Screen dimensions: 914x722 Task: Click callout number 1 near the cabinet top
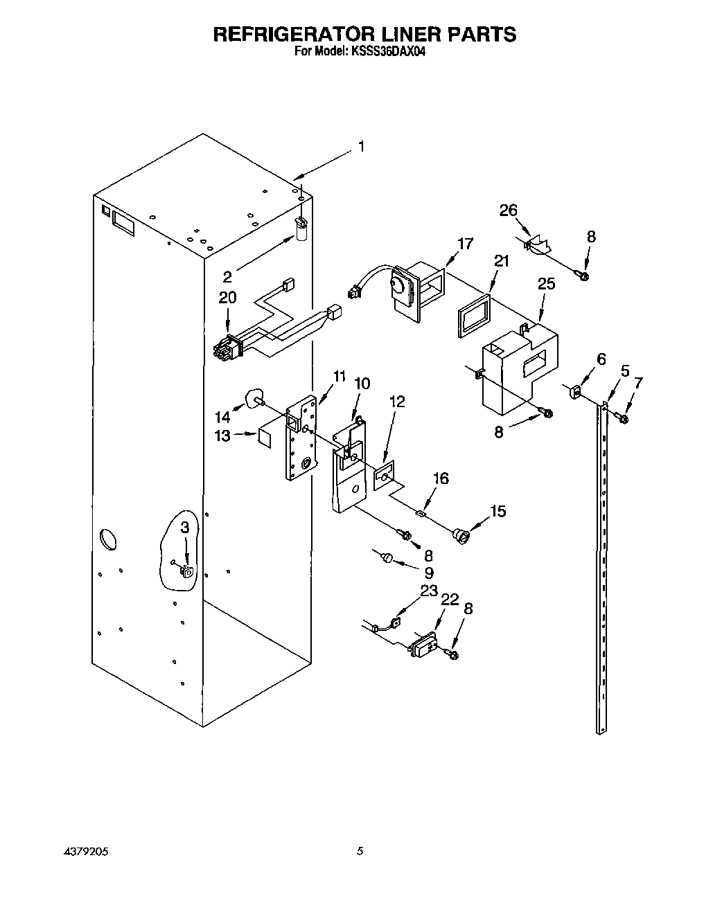click(x=360, y=147)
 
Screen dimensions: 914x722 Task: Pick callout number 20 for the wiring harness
click(x=227, y=298)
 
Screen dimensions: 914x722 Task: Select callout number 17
click(x=465, y=243)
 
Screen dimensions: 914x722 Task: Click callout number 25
click(x=546, y=284)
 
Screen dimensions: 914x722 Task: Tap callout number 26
click(x=509, y=210)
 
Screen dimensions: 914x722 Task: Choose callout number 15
click(x=498, y=511)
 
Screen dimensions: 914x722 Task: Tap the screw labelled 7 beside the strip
click(x=622, y=418)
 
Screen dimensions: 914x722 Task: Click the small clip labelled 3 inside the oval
click(x=187, y=571)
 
